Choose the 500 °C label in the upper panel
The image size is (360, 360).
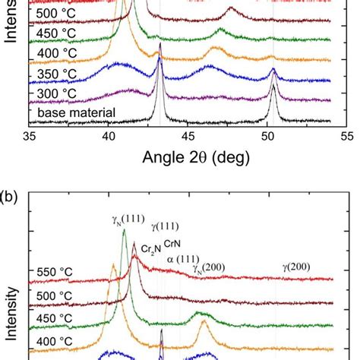tap(55, 15)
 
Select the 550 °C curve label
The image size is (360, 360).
tap(55, 272)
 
